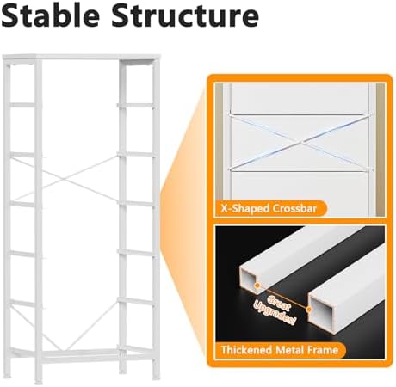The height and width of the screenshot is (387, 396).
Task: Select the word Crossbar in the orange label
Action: [294, 208]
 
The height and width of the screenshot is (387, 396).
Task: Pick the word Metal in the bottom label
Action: [289, 350]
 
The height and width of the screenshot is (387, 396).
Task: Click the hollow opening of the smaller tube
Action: [250, 279]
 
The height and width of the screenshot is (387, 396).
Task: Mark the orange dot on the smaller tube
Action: [257, 286]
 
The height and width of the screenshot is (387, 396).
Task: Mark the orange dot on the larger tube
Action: [309, 310]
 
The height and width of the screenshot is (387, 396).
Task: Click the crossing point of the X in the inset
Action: [300, 142]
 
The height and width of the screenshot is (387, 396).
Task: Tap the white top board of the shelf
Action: [81, 57]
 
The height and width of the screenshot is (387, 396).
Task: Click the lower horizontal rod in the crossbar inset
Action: [300, 171]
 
